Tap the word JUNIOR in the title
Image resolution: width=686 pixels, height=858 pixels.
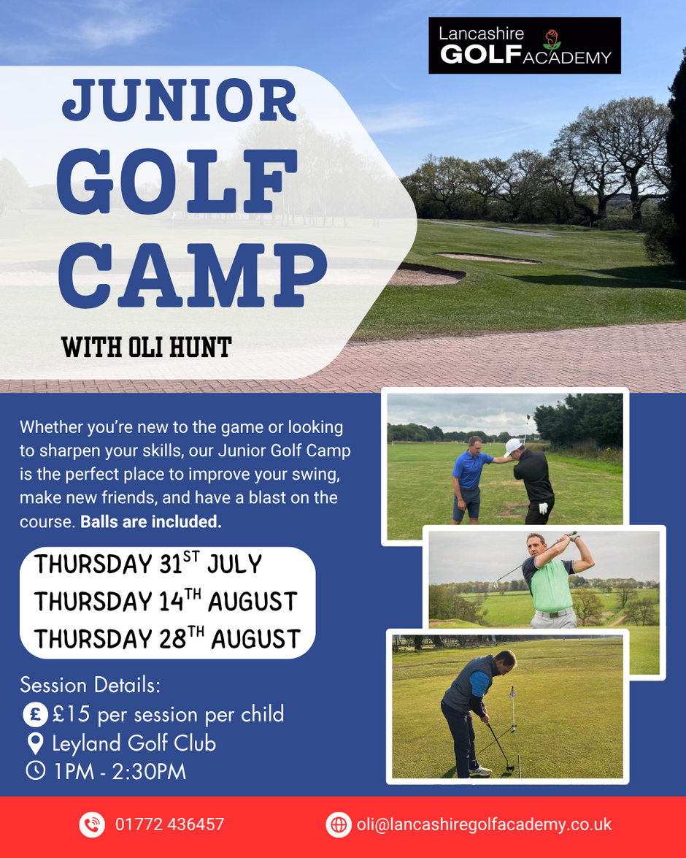click(x=180, y=100)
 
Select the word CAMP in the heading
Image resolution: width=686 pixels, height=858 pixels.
click(x=193, y=275)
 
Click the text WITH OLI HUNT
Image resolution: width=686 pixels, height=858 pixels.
click(x=146, y=348)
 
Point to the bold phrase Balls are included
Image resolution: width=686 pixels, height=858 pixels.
click(x=151, y=521)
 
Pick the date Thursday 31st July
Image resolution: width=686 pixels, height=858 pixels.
click(x=148, y=564)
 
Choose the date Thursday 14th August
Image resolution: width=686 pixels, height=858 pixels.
click(x=166, y=602)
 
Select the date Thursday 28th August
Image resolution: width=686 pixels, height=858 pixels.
click(x=167, y=639)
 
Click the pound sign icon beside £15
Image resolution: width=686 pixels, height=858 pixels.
click(x=35, y=715)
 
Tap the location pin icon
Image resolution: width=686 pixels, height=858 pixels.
click(x=36, y=743)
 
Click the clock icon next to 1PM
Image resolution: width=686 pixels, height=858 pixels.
click(x=36, y=770)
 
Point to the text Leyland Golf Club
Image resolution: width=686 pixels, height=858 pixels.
click(x=134, y=743)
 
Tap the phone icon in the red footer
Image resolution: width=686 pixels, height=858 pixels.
click(x=92, y=824)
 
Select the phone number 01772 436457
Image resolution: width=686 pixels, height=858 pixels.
click(x=169, y=824)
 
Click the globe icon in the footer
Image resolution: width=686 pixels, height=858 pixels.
click(x=339, y=824)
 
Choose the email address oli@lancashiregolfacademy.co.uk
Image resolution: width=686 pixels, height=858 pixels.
click(x=484, y=824)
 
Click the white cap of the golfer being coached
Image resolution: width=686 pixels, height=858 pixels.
click(x=512, y=446)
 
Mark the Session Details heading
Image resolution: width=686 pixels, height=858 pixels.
click(x=90, y=685)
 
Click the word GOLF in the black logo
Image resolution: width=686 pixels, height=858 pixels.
click(x=481, y=55)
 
